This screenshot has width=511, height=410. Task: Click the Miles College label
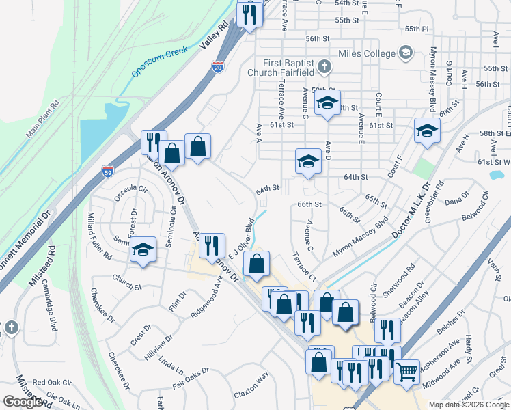click(367, 53)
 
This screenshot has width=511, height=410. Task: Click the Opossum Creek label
click(160, 61)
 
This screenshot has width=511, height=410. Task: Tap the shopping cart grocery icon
click(406, 372)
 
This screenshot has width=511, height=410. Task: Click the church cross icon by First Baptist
click(325, 68)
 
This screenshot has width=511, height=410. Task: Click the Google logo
click(23, 402)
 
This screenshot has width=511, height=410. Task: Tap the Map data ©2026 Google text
click(468, 405)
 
